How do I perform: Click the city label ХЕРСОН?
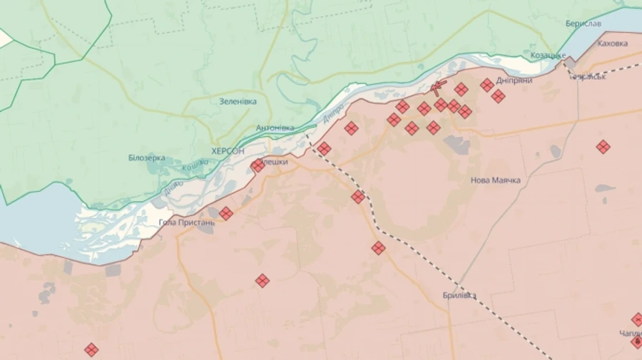point(228,151)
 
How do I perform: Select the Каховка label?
point(612,43)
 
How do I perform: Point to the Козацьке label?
point(549,56)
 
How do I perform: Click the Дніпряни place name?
point(514,81)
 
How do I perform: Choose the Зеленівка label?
point(238,101)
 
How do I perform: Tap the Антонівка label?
point(275,128)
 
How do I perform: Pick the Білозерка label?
point(147,158)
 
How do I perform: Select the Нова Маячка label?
point(495,180)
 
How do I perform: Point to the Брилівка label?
point(459,296)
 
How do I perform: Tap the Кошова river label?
point(195,166)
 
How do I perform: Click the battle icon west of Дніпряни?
point(439,88)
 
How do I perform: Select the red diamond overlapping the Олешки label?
point(258,165)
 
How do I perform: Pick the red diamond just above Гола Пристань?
point(226,213)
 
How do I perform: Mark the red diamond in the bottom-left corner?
point(91,349)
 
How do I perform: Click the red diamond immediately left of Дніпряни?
point(486,85)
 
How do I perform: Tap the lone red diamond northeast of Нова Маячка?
point(603,147)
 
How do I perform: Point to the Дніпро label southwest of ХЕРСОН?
point(173,187)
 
